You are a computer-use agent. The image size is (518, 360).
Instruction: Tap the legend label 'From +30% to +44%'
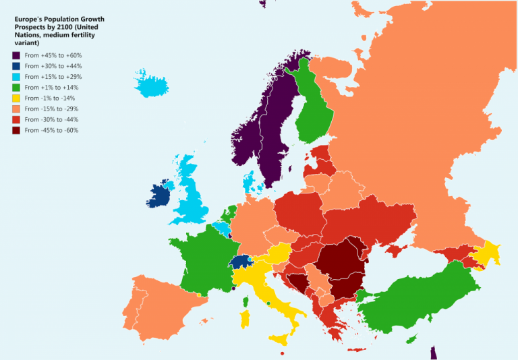pos(53,66)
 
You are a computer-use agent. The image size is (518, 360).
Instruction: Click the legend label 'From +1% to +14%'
pos(52,88)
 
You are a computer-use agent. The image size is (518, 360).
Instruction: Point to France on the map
pos(202,260)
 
